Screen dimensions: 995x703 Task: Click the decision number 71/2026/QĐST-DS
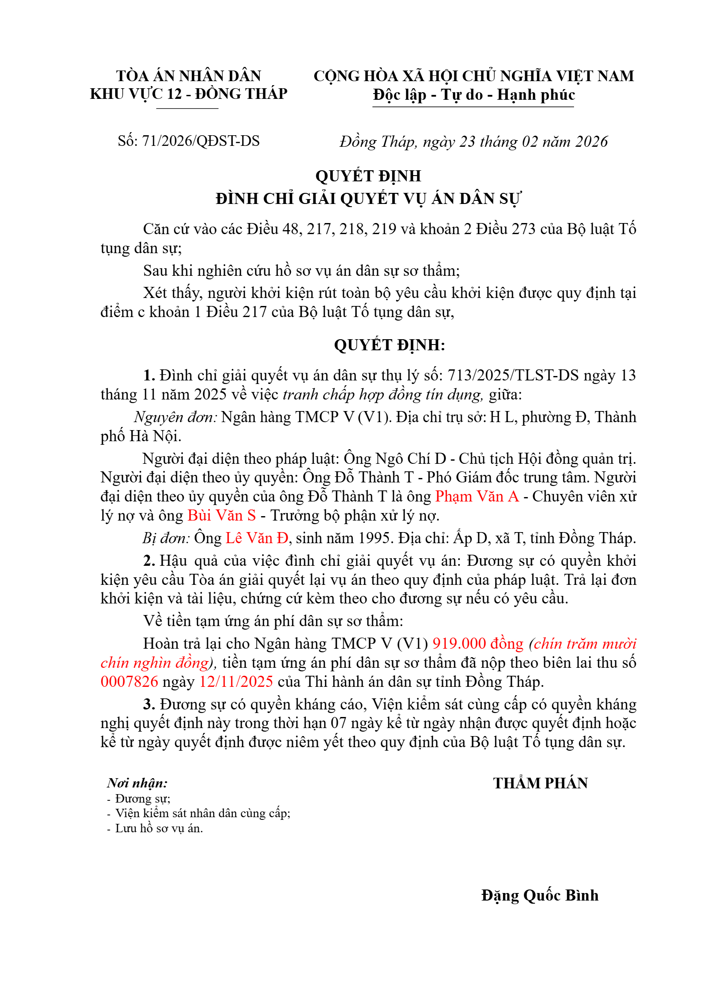coord(200,141)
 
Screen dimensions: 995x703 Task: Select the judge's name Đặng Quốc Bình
coord(539,895)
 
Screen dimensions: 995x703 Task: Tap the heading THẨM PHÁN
coord(540,783)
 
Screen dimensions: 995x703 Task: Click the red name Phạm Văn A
coord(477,496)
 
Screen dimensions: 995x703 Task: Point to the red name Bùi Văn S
coord(222,515)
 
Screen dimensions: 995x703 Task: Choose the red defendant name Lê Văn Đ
coord(257,538)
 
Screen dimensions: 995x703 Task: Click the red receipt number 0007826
coord(129,682)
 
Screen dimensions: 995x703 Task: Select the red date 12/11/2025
coord(236,682)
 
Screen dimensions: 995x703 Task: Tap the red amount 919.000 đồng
coord(478,643)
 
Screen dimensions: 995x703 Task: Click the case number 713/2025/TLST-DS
coord(513,376)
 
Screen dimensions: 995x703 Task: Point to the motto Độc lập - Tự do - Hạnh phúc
coord(473,95)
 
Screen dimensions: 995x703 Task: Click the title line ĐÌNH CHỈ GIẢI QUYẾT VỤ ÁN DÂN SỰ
coord(368,199)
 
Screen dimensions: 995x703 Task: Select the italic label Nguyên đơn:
coord(176,417)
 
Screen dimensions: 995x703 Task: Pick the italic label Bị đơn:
coord(166,538)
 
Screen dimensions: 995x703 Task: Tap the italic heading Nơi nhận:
coord(137,783)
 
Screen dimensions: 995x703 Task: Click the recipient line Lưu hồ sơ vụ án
coord(159,828)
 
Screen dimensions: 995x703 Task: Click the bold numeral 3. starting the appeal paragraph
coord(149,704)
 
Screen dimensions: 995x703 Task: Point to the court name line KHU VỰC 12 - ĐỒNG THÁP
coord(188,94)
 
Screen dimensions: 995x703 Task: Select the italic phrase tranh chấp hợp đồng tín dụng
coord(383,395)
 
